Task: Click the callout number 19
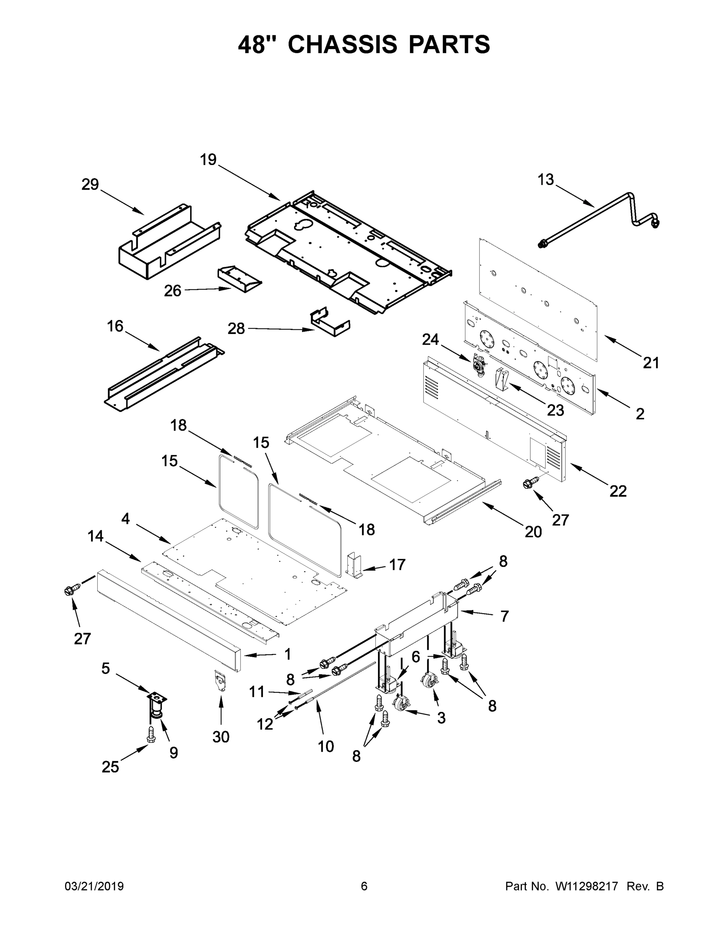[x=208, y=160]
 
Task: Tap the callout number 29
[x=90, y=184]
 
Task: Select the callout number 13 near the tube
[x=546, y=179]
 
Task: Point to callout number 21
[x=651, y=363]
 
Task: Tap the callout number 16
[x=115, y=326]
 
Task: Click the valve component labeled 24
[x=478, y=367]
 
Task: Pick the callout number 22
[x=618, y=491]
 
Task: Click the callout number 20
[x=533, y=532]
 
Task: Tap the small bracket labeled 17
[x=354, y=566]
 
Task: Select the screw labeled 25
[x=151, y=734]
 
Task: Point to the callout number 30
[x=221, y=737]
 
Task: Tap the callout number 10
[x=326, y=746]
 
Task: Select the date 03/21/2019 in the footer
[x=94, y=886]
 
